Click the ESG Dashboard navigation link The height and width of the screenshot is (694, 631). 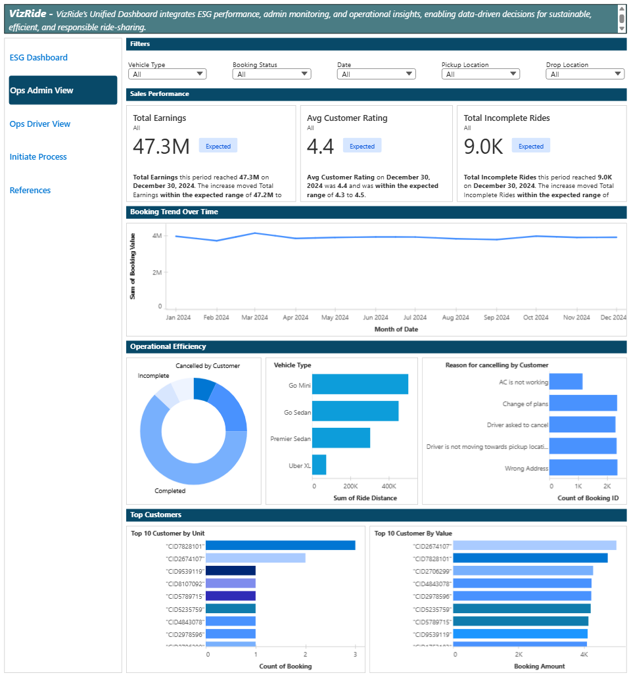(x=39, y=58)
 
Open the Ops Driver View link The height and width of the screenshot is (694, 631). (x=40, y=124)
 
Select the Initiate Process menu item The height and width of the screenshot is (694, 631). (x=38, y=157)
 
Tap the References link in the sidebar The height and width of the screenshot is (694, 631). (x=30, y=191)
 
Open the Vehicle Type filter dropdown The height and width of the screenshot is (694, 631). (x=168, y=74)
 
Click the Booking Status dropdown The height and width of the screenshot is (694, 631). (x=271, y=74)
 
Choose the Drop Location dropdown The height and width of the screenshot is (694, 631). (x=585, y=74)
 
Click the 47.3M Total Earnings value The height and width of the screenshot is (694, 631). (x=162, y=147)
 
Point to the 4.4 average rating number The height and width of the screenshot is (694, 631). (x=321, y=147)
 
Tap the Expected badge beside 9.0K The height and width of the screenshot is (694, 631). (x=531, y=147)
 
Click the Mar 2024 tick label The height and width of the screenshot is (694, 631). (x=254, y=317)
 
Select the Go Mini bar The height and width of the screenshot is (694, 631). (x=360, y=384)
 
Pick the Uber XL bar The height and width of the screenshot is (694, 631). (x=319, y=465)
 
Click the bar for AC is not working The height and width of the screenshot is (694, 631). (x=566, y=381)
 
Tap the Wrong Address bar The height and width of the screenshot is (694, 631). (x=583, y=467)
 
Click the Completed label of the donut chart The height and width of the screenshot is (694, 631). (x=170, y=491)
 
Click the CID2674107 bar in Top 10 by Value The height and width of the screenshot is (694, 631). (x=534, y=545)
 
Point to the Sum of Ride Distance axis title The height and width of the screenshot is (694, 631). (x=365, y=498)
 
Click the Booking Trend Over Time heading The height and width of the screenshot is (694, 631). (x=174, y=212)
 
